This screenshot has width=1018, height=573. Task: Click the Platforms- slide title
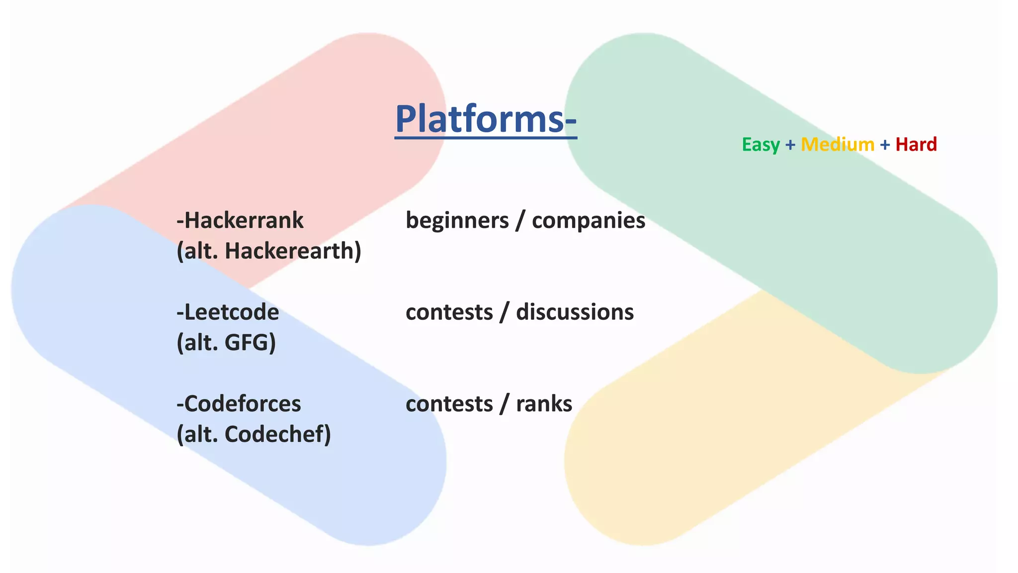point(486,119)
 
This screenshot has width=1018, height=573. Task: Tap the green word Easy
point(761,145)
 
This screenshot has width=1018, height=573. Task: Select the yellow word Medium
point(838,145)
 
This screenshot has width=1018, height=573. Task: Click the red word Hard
point(916,145)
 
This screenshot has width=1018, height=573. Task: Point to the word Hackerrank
point(243,220)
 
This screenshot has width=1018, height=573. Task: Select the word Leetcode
point(231,312)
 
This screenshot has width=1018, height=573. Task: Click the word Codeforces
point(242,404)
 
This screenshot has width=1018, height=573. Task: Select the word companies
point(589,220)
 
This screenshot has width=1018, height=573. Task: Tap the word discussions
point(575,312)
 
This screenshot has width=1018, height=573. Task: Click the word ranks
point(544,404)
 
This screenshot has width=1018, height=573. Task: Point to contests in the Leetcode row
point(449,312)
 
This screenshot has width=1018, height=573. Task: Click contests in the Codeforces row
point(449,404)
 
